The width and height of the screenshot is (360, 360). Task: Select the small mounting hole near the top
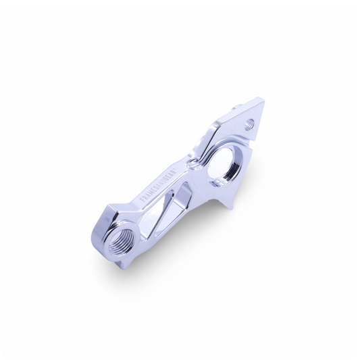tap(251, 124)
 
